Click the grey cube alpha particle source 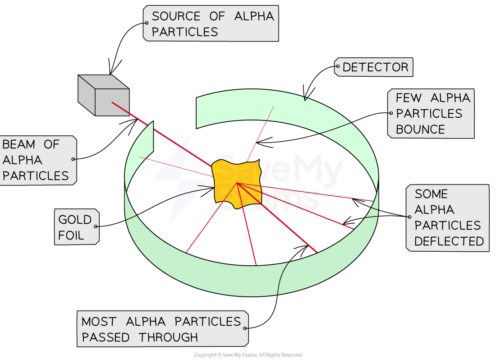point(104,96)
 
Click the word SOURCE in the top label point(176,17)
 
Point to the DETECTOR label point(375,68)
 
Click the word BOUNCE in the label point(420,129)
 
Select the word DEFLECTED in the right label point(449,241)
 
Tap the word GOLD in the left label point(75,220)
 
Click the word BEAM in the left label point(19,144)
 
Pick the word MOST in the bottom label point(99,322)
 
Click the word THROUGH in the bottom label point(168,337)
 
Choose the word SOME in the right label point(431,194)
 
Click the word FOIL point(71,235)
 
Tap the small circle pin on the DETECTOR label point(337,67)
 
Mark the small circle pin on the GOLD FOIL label point(96,226)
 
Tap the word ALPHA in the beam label point(22,160)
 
